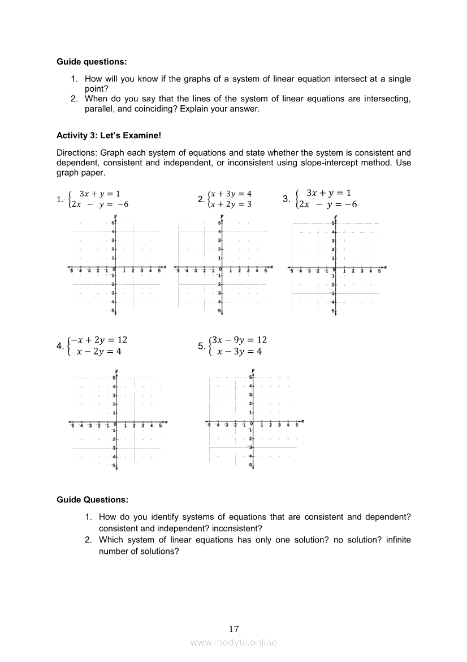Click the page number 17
point(234,629)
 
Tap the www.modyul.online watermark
point(233,642)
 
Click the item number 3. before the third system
point(286,199)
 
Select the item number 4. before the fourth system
point(60,346)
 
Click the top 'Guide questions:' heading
point(92,61)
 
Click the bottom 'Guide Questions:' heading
point(92,499)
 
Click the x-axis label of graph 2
point(272,266)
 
